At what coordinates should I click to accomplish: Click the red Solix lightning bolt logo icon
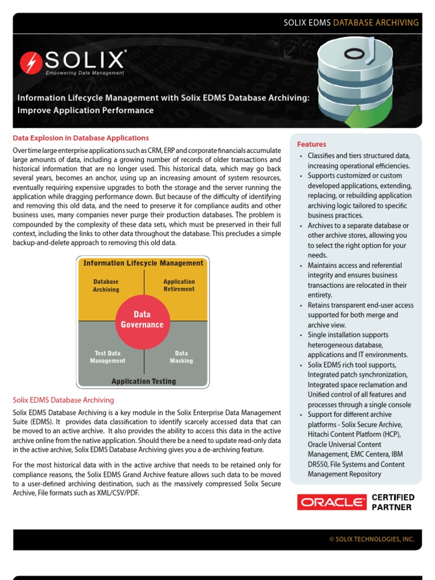point(30,62)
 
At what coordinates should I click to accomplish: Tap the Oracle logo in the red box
point(332,502)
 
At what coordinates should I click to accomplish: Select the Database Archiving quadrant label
point(106,285)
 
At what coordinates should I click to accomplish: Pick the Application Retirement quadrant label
point(178,285)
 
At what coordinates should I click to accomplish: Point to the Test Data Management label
point(108,357)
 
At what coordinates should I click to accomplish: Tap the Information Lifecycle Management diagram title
point(143,263)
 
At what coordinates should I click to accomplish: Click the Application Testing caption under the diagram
point(143,381)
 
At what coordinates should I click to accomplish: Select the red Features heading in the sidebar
point(312,144)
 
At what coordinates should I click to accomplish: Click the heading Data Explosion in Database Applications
point(81,138)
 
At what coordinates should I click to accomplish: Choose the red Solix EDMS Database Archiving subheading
point(63,400)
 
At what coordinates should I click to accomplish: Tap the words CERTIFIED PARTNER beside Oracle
point(393,502)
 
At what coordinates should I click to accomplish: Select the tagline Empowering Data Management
point(85,73)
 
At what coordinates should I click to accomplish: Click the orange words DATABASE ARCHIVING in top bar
point(376,23)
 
